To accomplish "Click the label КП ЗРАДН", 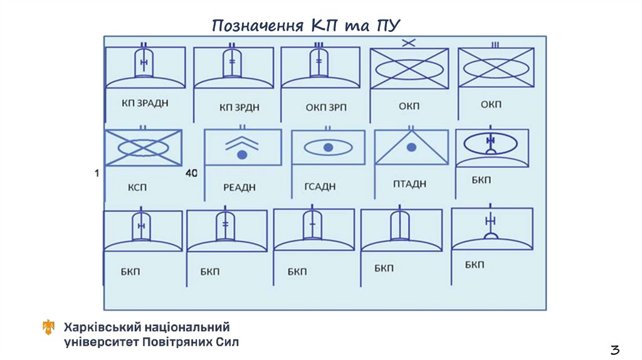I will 145,103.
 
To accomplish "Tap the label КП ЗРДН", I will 239,107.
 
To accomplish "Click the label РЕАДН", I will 239,187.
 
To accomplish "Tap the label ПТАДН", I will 409,184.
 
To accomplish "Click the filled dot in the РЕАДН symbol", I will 242,154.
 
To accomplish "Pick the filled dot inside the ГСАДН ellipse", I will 327,147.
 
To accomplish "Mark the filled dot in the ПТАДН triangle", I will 411,147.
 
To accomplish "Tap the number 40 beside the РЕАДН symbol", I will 192,173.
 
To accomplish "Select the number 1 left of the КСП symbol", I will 97,173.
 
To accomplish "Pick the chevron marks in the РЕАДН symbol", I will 242,143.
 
